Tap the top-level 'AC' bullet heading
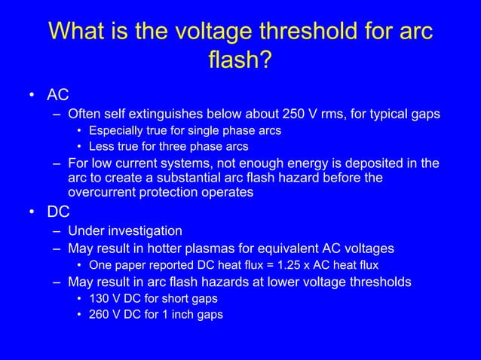(57, 95)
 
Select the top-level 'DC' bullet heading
(57, 212)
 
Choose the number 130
(100, 298)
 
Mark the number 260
(100, 314)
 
